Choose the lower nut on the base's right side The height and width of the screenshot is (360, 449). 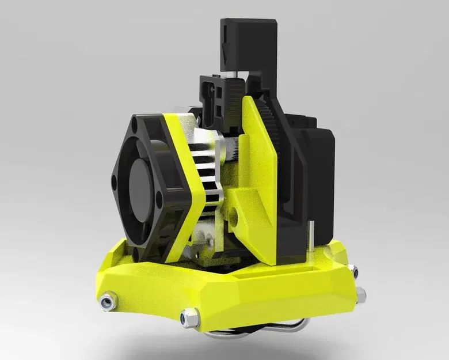361,295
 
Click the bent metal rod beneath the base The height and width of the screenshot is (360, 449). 253,328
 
